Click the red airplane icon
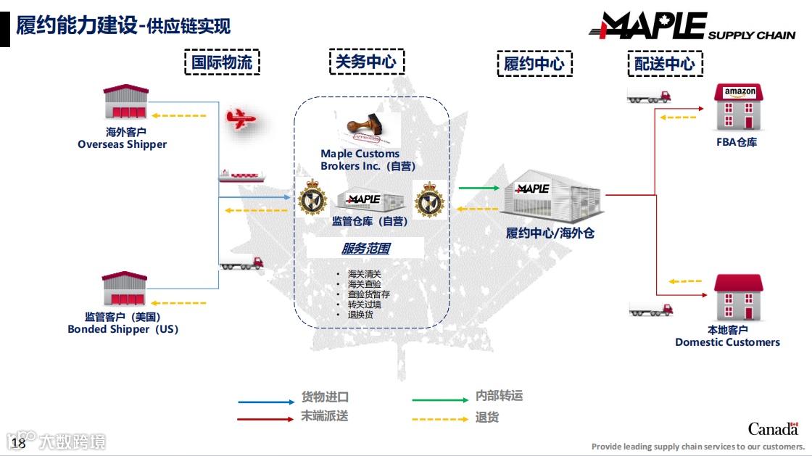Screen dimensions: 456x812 241,118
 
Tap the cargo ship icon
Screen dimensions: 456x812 241,175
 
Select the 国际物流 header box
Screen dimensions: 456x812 222,62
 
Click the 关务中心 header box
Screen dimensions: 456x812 366,62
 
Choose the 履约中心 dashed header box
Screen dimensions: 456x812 534,64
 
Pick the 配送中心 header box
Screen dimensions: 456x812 665,64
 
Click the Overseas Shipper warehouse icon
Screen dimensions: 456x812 125,102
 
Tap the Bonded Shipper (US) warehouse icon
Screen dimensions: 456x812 125,289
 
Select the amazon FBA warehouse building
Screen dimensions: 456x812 739,107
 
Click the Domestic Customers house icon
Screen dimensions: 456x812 738,297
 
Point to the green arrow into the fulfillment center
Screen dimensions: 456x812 478,188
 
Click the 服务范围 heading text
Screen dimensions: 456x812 366,249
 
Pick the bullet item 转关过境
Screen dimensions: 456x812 364,304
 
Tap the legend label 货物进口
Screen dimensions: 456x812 325,397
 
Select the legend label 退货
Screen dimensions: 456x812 487,418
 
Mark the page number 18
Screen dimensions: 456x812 19,443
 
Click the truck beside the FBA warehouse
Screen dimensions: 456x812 649,94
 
